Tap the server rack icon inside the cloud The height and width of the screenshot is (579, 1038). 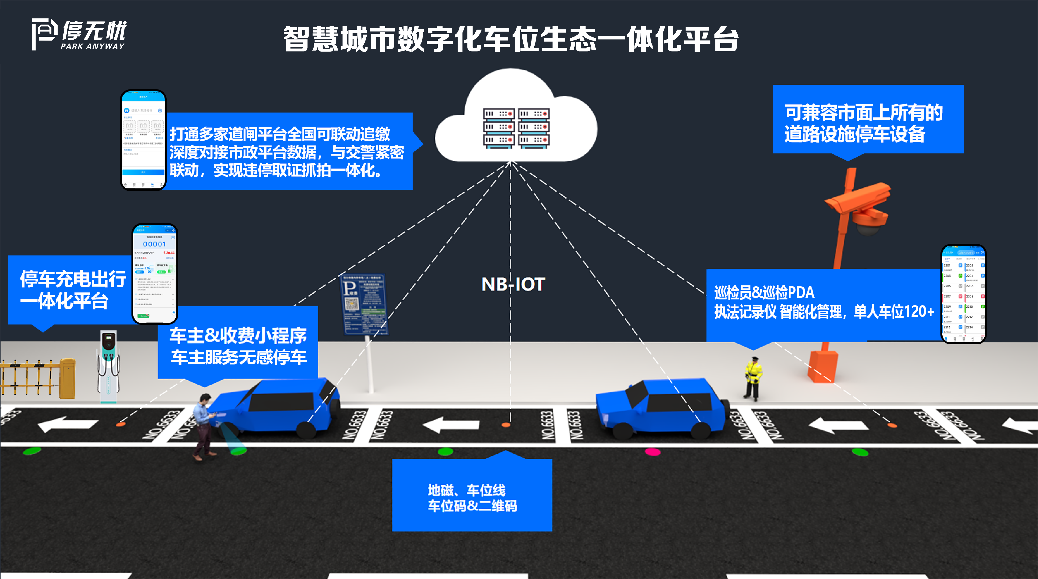pyautogui.click(x=516, y=128)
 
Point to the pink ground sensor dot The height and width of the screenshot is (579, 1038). pyautogui.click(x=653, y=452)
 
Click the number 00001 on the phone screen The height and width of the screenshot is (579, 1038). pyautogui.click(x=154, y=244)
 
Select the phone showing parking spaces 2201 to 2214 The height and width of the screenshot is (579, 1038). pyautogui.click(x=963, y=294)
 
